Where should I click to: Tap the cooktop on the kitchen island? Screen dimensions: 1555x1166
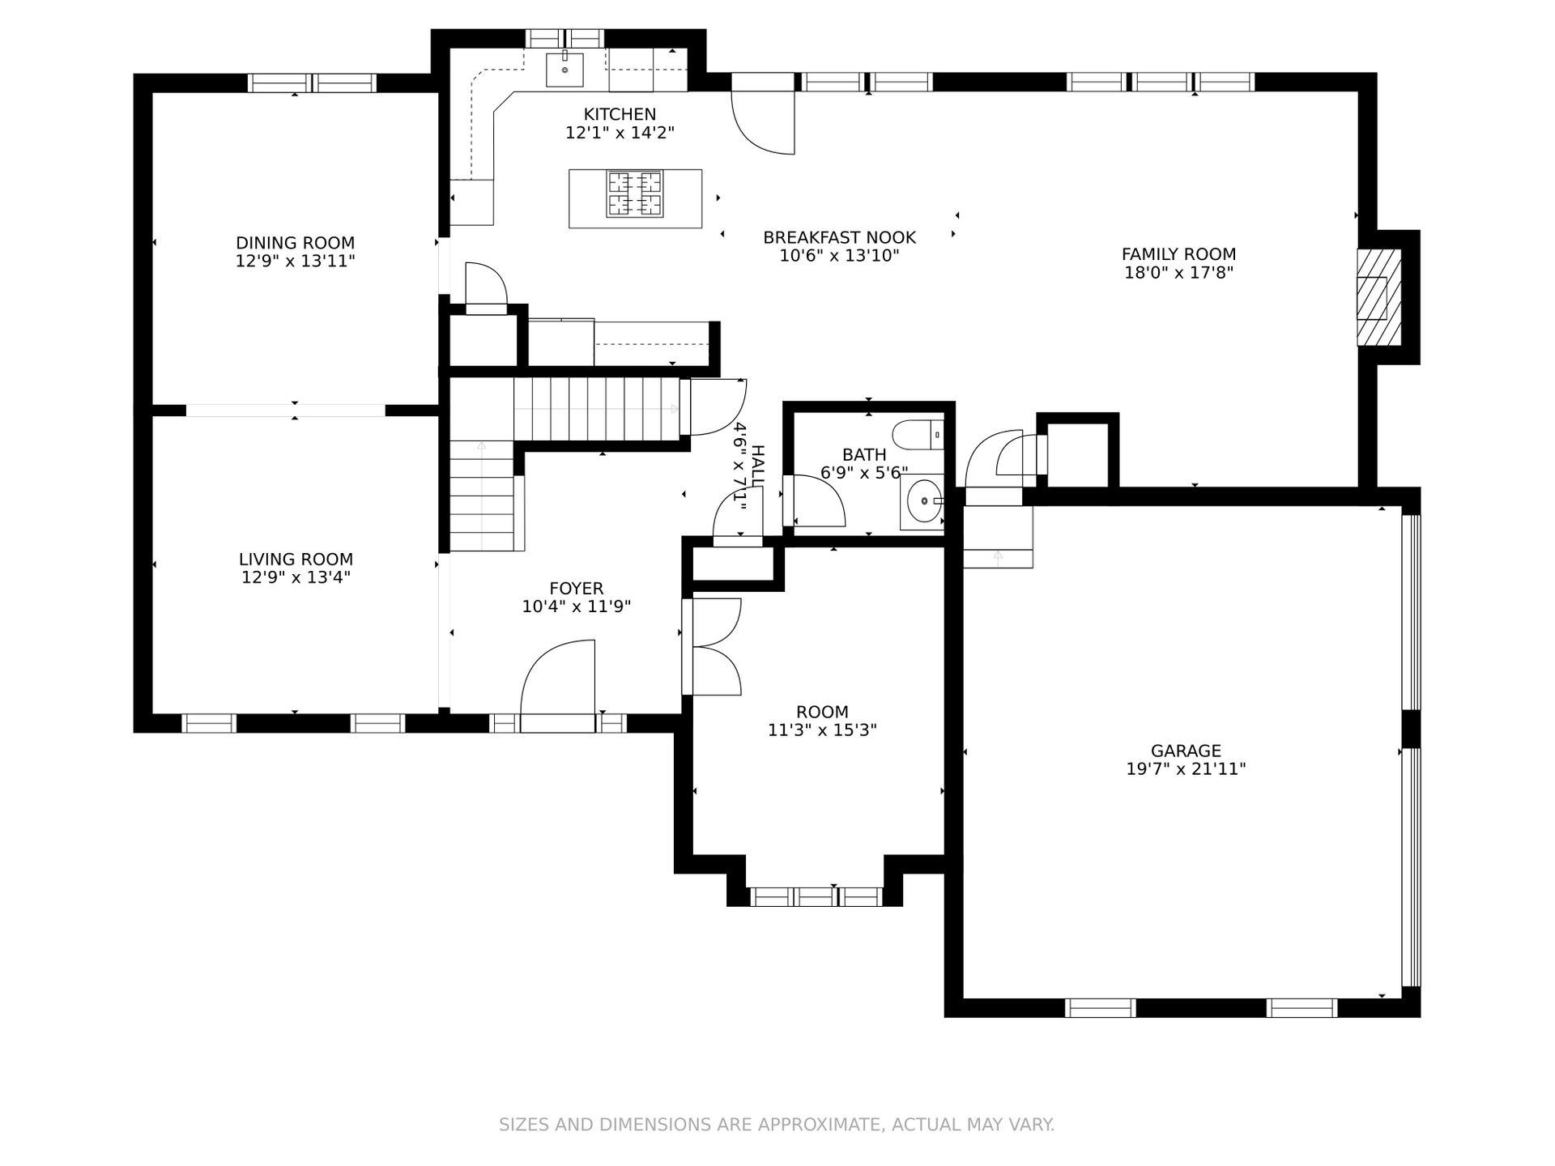[635, 194]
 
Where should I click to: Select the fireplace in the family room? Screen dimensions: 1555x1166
[1379, 297]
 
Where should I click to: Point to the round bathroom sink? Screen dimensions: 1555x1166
[922, 502]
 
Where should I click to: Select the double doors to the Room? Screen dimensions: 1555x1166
[712, 646]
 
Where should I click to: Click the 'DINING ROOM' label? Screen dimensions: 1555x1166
[295, 243]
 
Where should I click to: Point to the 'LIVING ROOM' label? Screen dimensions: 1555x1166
[296, 559]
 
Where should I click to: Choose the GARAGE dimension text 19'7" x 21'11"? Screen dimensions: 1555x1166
[1186, 768]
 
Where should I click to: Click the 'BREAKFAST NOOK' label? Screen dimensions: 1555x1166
[839, 237]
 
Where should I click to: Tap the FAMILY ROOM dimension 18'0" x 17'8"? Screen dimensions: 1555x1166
[1178, 273]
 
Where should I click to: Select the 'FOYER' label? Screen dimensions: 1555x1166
[576, 589]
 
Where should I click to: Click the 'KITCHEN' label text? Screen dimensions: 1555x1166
[620, 114]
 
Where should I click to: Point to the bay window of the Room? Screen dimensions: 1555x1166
[815, 896]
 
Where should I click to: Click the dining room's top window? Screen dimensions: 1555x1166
[312, 83]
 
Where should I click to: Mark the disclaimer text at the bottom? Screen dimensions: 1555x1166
[777, 1125]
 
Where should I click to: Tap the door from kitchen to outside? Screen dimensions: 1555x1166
[763, 113]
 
